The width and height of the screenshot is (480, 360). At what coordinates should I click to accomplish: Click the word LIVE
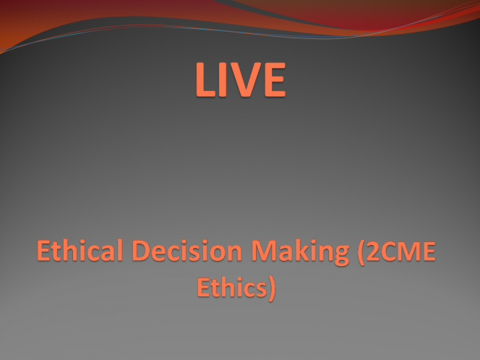click(241, 80)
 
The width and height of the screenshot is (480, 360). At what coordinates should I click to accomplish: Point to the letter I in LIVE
click(223, 80)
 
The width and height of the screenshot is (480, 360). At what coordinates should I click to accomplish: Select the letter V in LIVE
click(246, 80)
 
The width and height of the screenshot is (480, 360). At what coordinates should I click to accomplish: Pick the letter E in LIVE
click(275, 80)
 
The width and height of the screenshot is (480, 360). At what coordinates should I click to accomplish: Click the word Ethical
click(80, 250)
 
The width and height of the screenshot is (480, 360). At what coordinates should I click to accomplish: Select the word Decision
click(187, 250)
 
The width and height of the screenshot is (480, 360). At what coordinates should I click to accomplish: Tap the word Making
click(300, 252)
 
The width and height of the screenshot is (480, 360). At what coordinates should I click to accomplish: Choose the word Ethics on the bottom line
click(232, 287)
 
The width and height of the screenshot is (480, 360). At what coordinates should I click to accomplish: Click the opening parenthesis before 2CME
click(361, 253)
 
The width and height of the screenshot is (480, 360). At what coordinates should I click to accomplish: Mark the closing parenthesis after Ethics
click(272, 289)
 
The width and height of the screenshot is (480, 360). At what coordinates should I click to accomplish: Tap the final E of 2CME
click(429, 251)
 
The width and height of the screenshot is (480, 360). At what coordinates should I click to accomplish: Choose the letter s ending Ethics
click(260, 290)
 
